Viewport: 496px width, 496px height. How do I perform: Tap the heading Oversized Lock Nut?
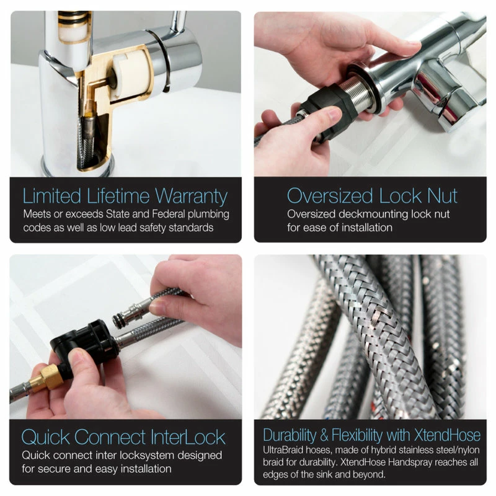(x=372, y=197)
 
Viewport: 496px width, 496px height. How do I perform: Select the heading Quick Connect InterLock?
(x=123, y=437)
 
